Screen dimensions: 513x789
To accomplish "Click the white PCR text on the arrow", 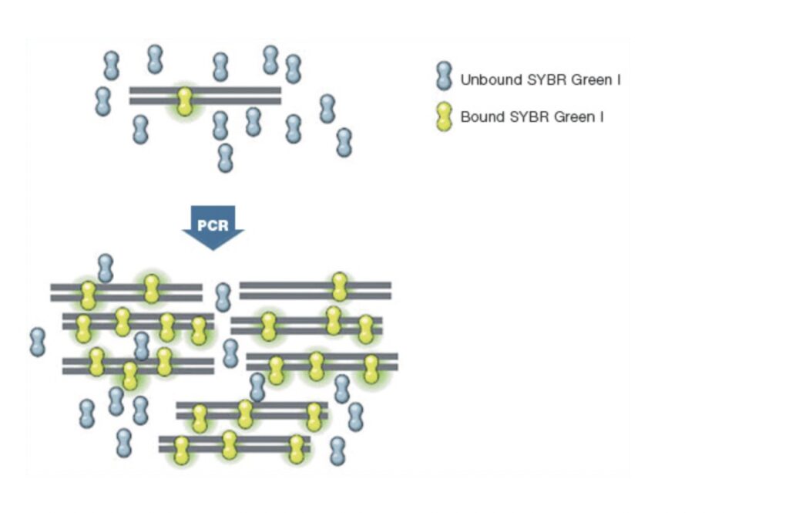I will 213,226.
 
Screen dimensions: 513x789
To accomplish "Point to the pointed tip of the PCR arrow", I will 213,248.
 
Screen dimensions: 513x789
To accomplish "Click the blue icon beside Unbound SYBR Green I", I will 443,78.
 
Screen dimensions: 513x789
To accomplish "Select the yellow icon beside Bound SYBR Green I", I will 443,116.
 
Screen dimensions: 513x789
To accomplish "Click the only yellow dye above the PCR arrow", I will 184,101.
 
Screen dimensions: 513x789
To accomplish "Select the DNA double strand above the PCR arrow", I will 231,96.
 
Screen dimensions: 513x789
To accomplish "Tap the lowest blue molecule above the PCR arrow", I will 225,157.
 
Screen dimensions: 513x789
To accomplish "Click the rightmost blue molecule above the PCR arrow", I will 344,142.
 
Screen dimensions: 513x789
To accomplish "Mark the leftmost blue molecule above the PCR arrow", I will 103,101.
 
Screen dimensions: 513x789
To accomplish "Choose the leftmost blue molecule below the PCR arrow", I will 38,342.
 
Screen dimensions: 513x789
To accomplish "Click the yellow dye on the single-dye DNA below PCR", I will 339,287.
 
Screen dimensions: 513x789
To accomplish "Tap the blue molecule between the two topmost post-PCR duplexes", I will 223,297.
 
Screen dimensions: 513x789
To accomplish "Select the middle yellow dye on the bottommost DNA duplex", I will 229,445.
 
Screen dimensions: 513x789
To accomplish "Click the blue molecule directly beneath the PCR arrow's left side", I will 106,268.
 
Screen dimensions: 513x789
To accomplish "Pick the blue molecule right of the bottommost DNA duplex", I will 337,451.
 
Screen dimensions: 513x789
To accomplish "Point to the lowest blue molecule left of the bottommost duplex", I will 124,443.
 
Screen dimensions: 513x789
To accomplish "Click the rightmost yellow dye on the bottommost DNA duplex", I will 297,449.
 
